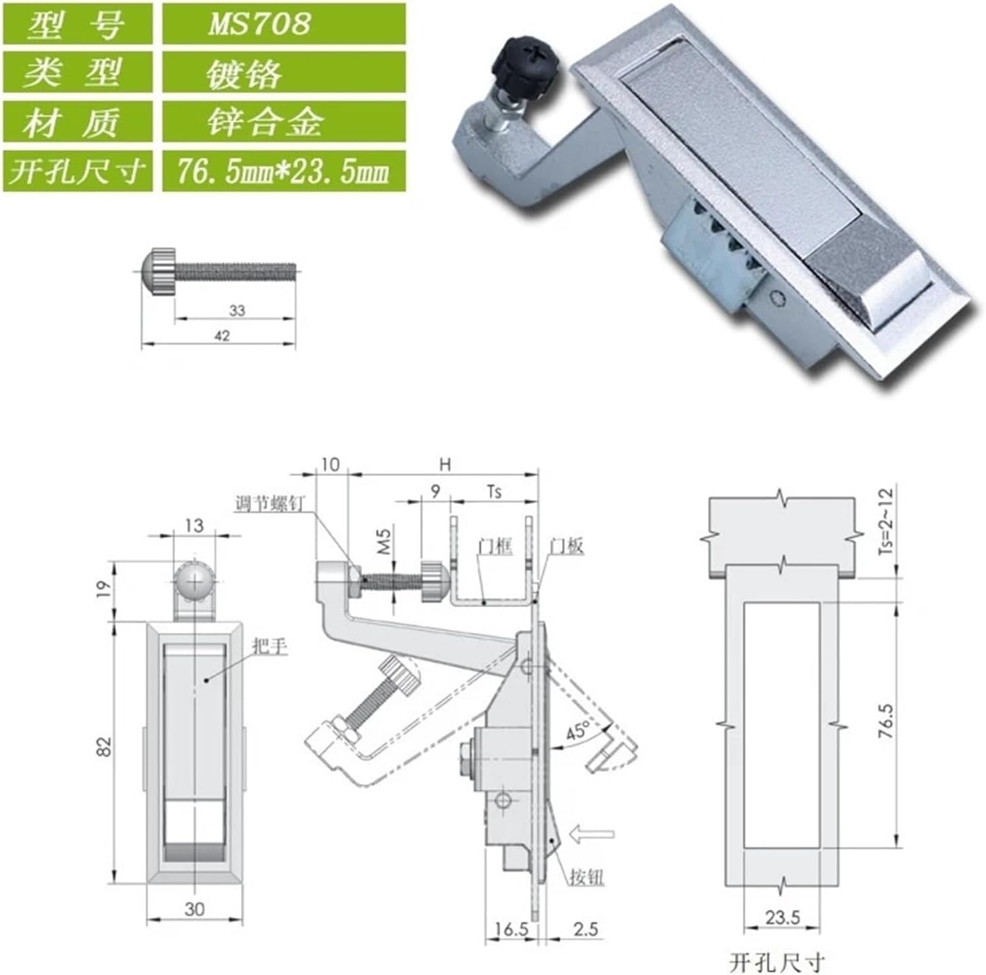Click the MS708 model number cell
click(283, 24)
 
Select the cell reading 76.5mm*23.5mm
click(283, 171)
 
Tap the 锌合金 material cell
click(283, 122)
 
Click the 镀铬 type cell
click(283, 73)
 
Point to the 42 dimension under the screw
click(222, 337)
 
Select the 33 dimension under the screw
click(237, 311)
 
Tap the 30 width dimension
click(194, 909)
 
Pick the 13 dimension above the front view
click(194, 525)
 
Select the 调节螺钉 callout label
click(269, 503)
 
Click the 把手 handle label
click(270, 646)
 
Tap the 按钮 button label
click(587, 877)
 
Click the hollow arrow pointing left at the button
click(591, 834)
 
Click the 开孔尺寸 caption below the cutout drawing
click(776, 962)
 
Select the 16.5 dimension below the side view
click(511, 929)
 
